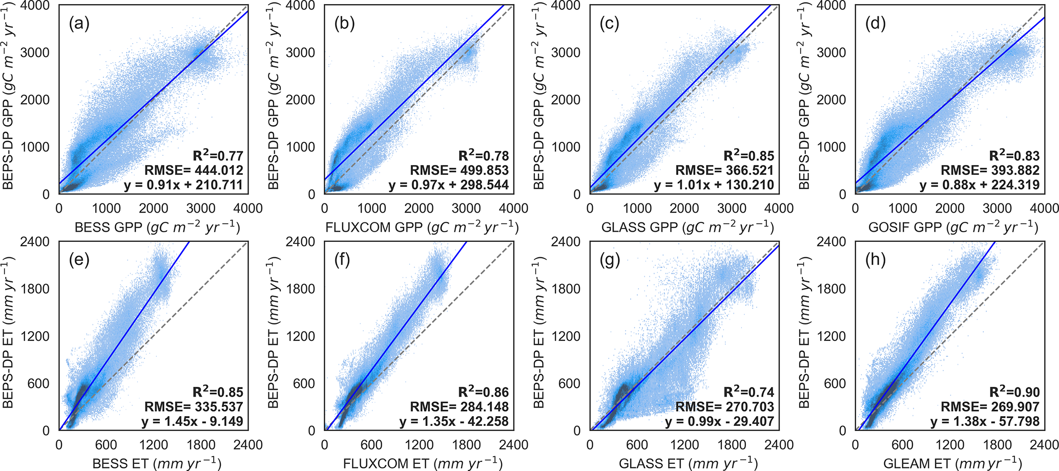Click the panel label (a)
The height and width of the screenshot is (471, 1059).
79,24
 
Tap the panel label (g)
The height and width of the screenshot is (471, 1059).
610,260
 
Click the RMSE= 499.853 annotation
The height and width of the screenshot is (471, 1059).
459,170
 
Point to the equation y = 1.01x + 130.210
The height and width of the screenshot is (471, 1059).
714,185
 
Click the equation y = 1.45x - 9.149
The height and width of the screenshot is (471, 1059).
192,421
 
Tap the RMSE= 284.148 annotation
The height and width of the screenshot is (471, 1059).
459,407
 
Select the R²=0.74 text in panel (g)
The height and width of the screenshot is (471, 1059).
749,393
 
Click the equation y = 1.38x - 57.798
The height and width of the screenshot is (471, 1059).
985,421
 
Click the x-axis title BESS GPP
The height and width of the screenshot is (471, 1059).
157,227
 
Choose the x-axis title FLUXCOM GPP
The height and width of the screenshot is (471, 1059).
422,227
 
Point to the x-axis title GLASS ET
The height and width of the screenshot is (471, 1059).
688,463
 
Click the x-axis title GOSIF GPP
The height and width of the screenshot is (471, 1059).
953,227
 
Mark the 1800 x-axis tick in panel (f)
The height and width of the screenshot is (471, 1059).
466,445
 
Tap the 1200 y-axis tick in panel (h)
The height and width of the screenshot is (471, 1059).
832,336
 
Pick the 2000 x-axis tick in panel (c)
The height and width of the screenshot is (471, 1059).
684,208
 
